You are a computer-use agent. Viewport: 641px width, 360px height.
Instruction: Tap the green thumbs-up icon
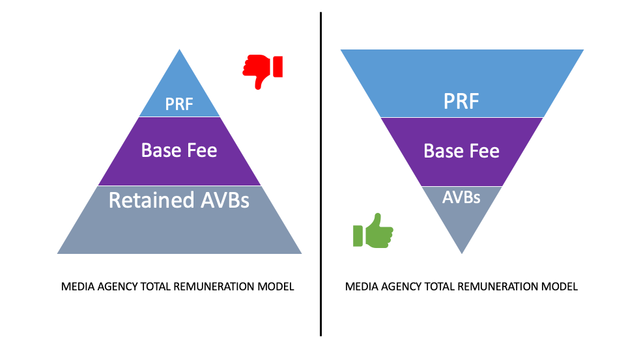pos(373,231)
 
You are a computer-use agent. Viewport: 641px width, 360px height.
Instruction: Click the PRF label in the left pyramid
pos(179,104)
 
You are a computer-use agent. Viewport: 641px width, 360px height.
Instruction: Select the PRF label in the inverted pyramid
pos(462,102)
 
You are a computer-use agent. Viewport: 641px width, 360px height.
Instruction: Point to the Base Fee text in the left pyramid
pos(179,150)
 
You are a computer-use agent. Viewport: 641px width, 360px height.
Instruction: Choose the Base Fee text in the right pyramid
pos(462,152)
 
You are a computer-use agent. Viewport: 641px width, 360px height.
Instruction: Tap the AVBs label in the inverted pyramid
pos(461,197)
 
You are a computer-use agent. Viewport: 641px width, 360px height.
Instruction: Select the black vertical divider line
pos(320,176)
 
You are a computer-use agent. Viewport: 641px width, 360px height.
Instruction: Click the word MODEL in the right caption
pos(561,286)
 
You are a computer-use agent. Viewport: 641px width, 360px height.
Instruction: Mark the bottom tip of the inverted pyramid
pos(462,252)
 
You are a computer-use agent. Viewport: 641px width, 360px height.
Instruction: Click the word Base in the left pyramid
pos(160,150)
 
